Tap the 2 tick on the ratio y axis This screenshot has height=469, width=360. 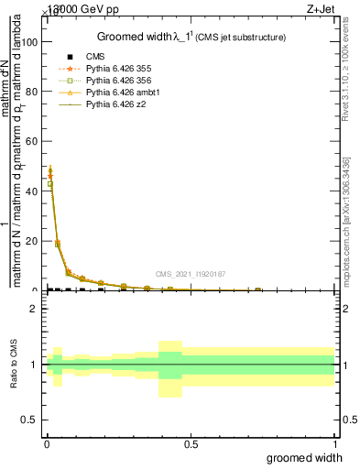(x=35, y=309)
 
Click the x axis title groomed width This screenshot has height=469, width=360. (x=305, y=457)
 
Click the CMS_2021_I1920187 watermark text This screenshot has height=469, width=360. (x=190, y=274)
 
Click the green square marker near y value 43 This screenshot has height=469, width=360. (x=50, y=184)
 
